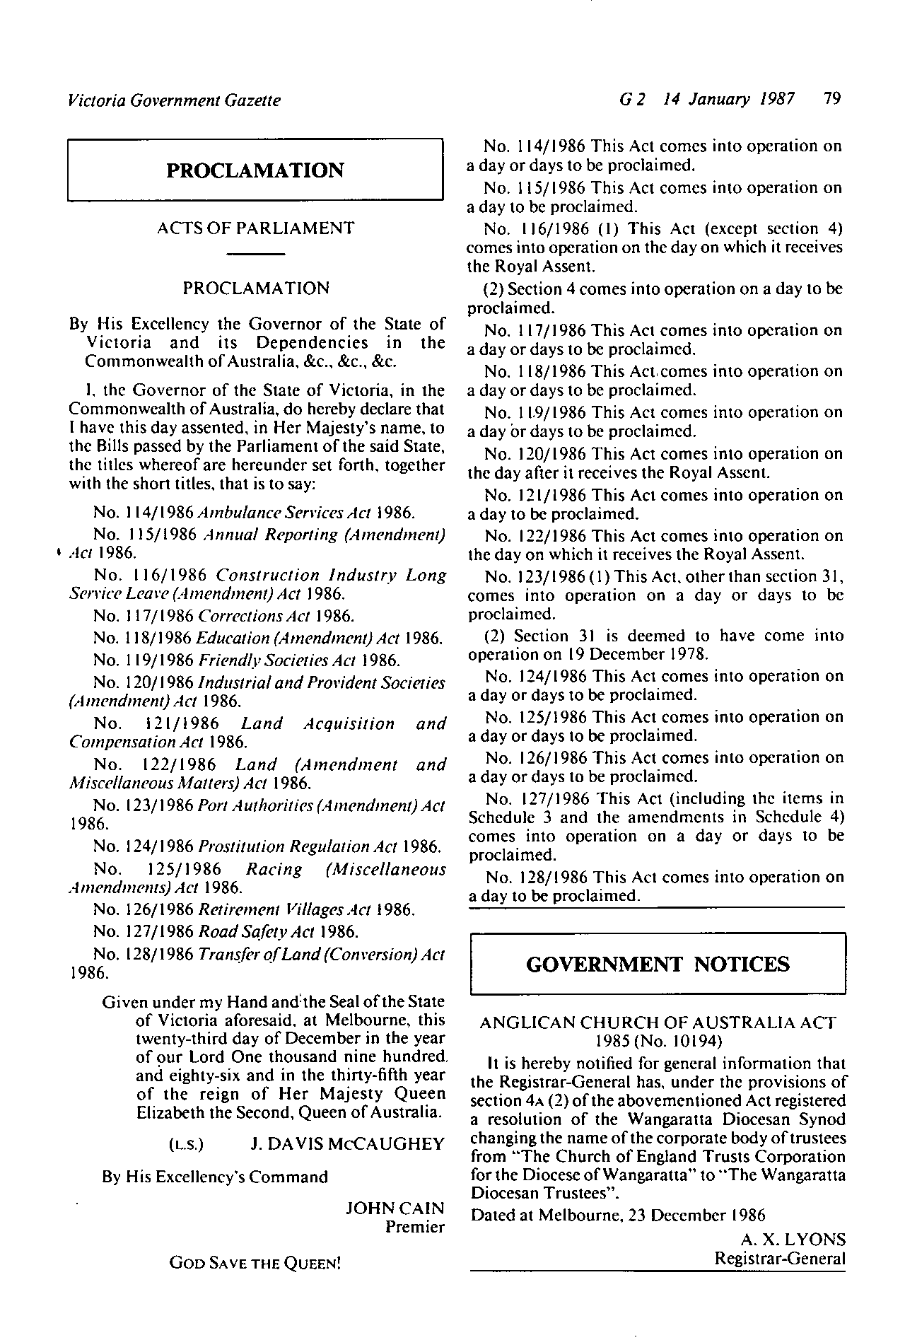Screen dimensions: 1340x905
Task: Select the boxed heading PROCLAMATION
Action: (x=255, y=170)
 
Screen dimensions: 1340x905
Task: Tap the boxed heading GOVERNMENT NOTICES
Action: (x=658, y=965)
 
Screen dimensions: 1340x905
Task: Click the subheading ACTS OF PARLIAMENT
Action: (x=256, y=228)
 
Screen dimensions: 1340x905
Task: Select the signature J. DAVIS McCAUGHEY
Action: (x=347, y=1144)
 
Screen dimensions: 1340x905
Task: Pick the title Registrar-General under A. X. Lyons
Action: (x=780, y=1259)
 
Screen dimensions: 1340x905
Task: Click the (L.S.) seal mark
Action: (x=187, y=1145)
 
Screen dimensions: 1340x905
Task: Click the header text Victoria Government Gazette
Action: (x=174, y=100)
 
